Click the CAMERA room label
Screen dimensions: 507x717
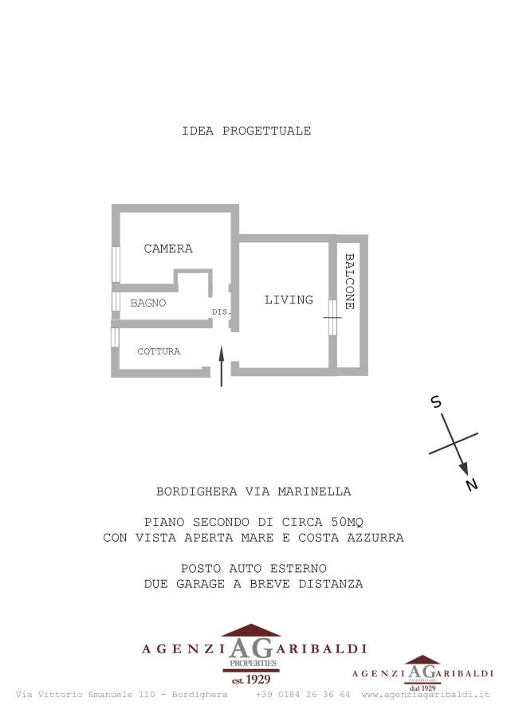168,249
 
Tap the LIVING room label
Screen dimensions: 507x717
289,300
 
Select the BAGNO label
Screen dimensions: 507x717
147,303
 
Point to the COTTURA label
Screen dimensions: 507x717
159,351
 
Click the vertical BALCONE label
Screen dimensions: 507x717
350,281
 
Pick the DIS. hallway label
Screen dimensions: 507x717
221,311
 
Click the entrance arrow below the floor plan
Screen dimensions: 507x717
222,366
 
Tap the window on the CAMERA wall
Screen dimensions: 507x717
116,264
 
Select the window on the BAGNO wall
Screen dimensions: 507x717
116,301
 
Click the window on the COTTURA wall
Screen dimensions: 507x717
115,337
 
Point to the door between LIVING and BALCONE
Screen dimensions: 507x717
332,317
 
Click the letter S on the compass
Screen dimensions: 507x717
436,402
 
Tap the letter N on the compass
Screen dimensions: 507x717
472,484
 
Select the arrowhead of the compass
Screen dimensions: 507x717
464,468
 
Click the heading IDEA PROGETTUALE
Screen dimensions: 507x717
246,131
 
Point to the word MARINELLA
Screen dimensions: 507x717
314,492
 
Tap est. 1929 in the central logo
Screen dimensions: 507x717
251,680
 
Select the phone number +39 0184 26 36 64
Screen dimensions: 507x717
303,695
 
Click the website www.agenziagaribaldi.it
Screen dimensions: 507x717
426,695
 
